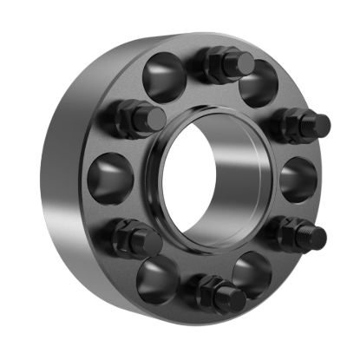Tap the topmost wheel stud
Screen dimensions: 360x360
[229, 64]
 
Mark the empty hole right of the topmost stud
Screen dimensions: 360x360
[258, 83]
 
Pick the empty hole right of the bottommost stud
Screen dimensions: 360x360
[252, 272]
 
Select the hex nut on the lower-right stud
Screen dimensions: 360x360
[285, 231]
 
